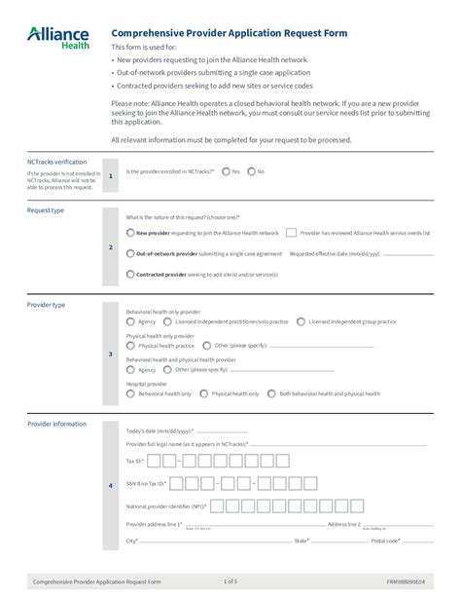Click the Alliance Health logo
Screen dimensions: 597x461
[57, 37]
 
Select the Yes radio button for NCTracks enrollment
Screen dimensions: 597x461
[226, 171]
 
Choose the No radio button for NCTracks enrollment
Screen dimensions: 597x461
[251, 171]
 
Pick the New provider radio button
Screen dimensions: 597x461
[131, 233]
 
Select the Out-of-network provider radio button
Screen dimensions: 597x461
[131, 253]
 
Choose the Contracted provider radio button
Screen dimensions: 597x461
[131, 274]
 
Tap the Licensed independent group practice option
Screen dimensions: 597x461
[301, 320]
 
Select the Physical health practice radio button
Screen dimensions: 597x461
[131, 345]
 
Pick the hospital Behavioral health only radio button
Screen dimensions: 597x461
[131, 393]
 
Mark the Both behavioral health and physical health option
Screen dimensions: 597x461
[272, 393]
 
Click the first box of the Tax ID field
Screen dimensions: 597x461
[152, 460]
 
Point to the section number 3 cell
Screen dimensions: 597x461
[111, 354]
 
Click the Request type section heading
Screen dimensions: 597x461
[46, 210]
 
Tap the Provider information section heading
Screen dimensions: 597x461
[55, 424]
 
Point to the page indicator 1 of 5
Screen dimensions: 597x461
[230, 581]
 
